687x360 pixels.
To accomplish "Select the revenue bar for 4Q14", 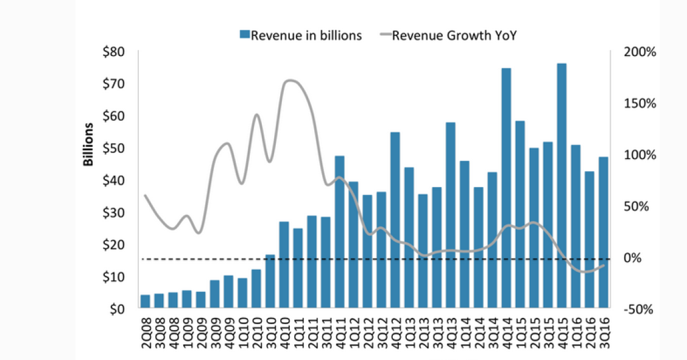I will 506,188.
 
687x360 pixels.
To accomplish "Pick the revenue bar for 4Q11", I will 340,232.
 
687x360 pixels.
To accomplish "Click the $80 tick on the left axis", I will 113,52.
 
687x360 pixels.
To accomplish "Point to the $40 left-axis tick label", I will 113,180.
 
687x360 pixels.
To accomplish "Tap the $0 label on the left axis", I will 116,309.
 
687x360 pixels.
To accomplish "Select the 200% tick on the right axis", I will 640,52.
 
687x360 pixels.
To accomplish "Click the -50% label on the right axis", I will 639,309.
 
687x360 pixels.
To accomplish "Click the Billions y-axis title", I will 89,145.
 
